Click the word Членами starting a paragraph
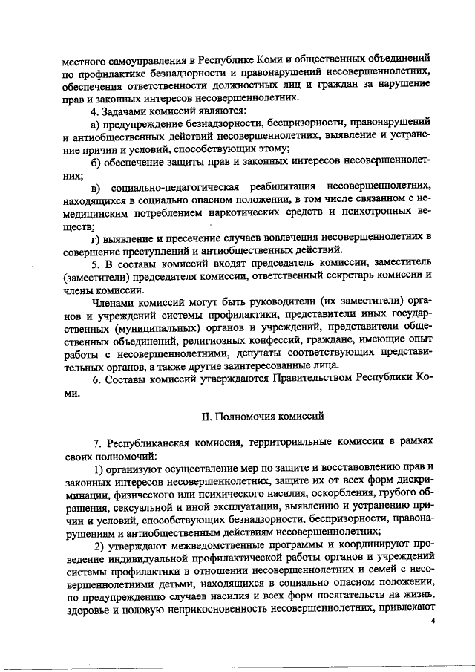pyautogui.click(x=114, y=302)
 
